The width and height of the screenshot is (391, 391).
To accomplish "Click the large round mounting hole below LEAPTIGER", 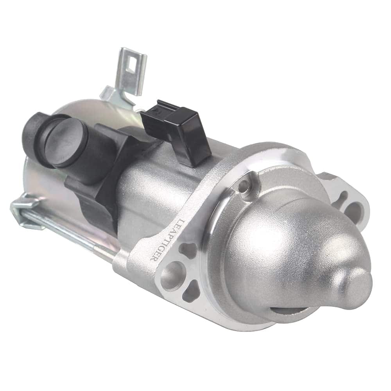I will (172, 274).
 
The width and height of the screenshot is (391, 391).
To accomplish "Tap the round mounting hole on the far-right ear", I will (353, 211).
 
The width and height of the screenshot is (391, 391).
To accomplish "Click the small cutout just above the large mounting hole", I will (188, 251).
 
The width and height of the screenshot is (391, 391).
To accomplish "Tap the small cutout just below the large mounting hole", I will (192, 291).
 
